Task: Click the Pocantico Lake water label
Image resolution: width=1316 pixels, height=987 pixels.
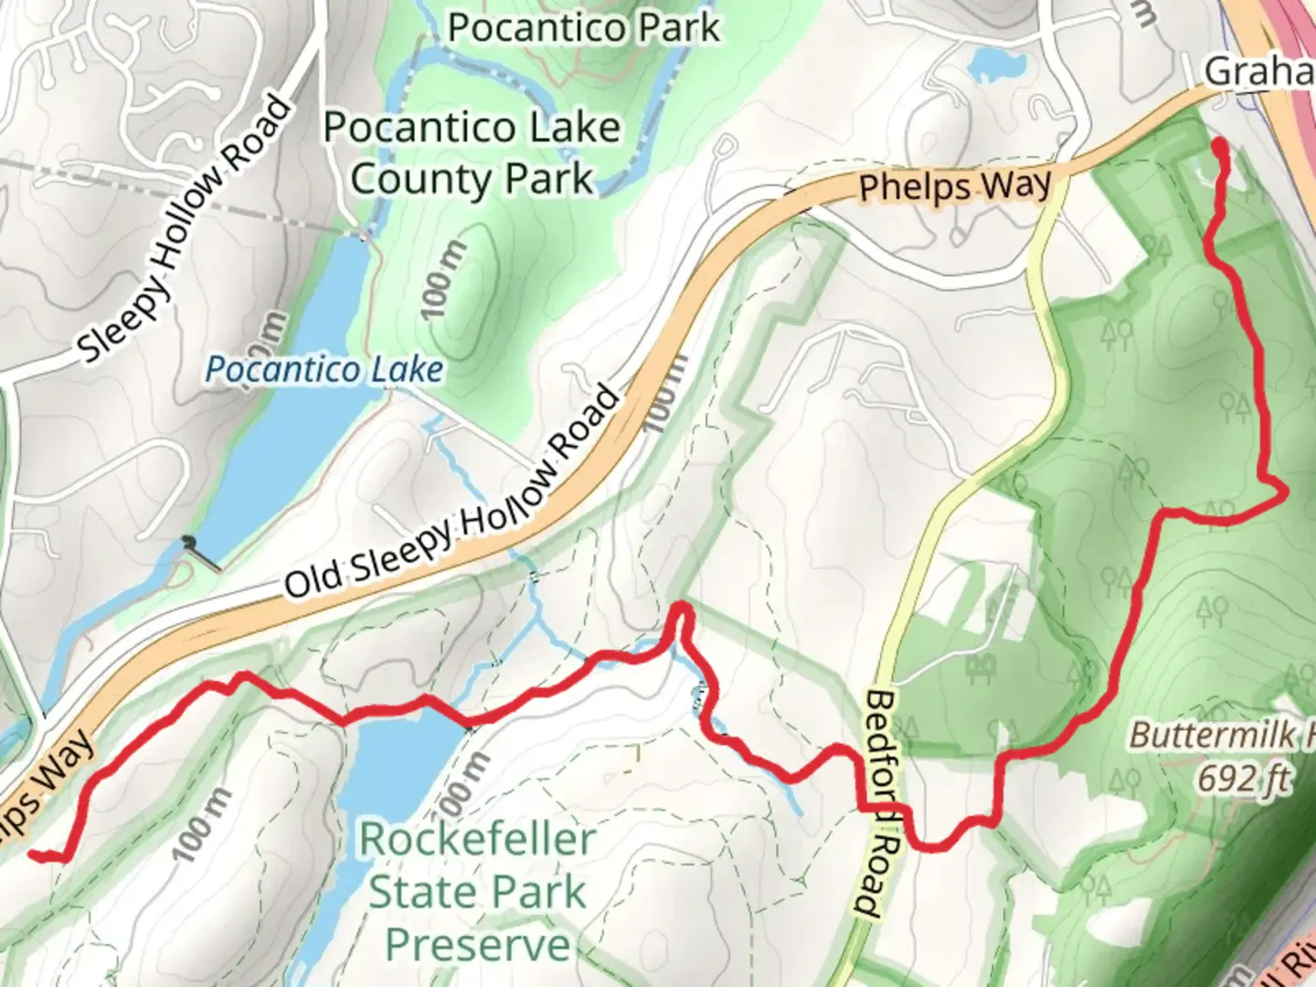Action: [324, 369]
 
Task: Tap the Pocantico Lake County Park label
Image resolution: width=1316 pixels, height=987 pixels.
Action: [472, 153]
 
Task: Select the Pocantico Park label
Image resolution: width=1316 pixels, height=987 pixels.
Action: [584, 27]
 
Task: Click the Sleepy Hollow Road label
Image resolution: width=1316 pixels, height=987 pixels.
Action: [186, 228]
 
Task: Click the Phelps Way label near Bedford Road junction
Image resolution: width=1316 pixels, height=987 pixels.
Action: [955, 186]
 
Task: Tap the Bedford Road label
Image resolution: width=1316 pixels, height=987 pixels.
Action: [882, 802]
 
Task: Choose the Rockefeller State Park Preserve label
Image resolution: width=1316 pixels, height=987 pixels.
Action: [476, 891]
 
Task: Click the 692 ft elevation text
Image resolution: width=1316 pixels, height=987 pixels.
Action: [1244, 779]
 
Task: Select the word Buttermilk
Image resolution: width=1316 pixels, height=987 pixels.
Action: [1206, 735]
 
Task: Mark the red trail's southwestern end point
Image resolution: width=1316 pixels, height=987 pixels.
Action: [35, 854]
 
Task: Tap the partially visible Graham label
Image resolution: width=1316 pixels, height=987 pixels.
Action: [1259, 71]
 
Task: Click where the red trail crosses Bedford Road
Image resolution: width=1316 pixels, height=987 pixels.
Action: [885, 809]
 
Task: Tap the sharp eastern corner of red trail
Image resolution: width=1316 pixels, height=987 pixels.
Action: [1284, 493]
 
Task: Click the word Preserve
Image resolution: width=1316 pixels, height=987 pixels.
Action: [476, 945]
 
